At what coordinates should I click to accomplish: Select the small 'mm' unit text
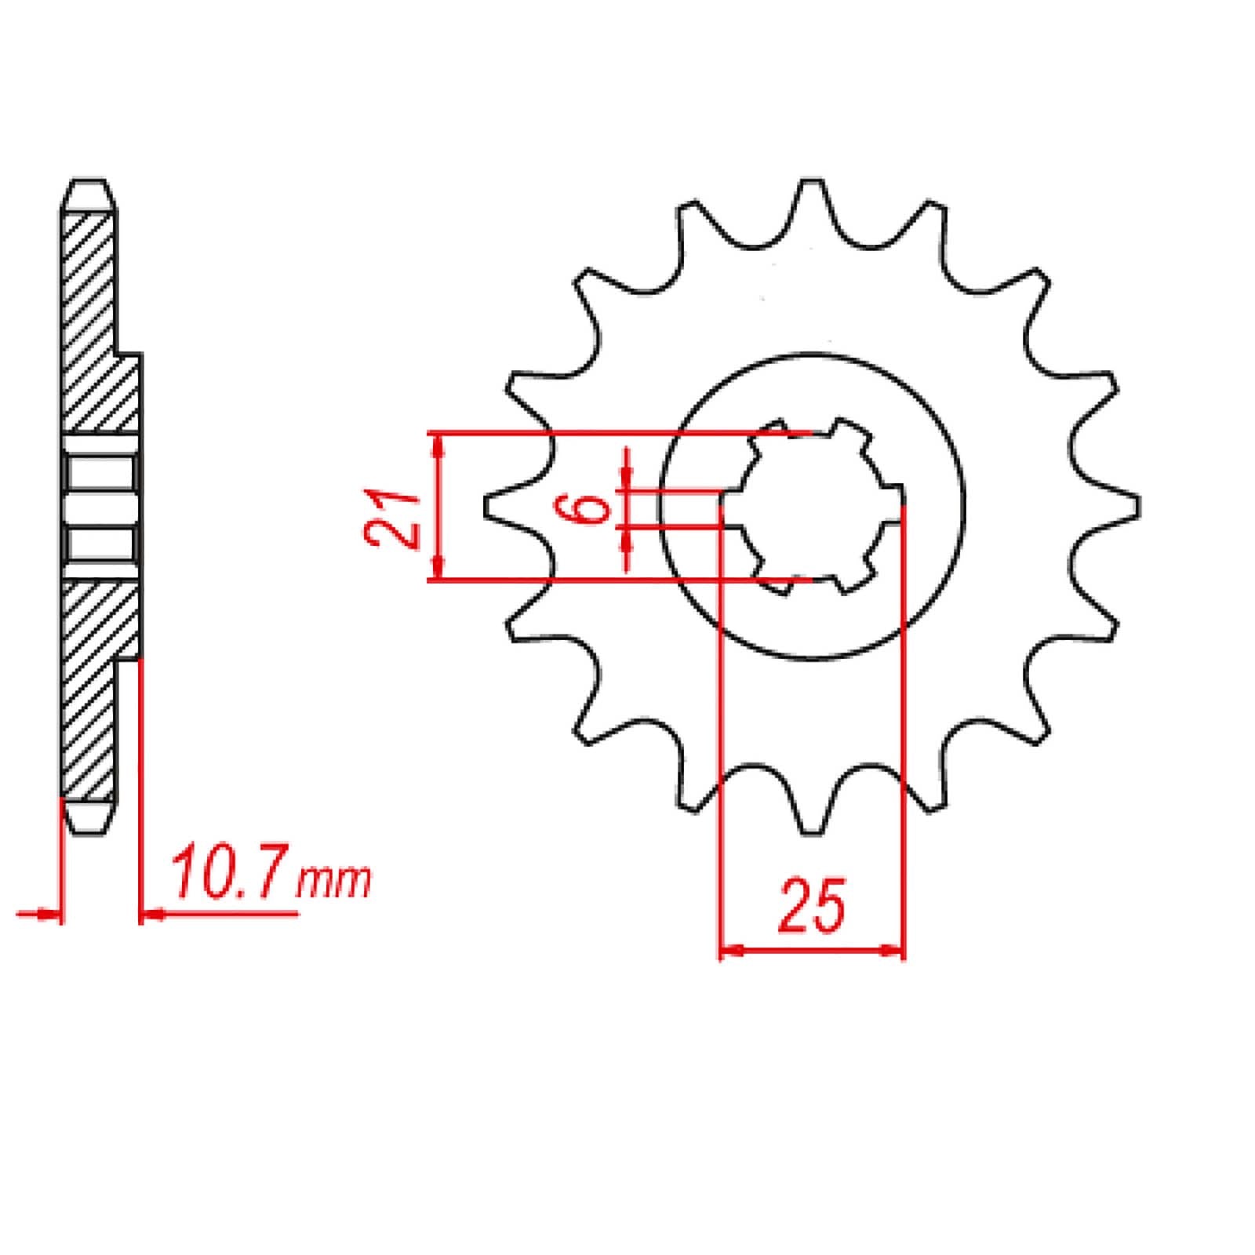(x=333, y=882)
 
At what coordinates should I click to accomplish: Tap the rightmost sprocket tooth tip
(x=1136, y=507)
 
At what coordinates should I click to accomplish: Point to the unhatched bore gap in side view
(x=100, y=507)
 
